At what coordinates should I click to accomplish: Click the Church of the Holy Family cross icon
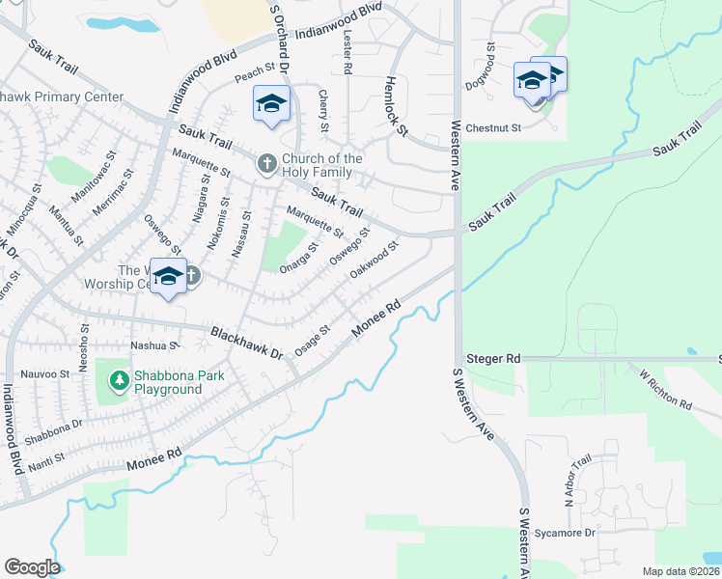(x=267, y=165)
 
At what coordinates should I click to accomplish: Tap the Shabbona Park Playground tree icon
(x=120, y=381)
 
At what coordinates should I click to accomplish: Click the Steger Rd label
(x=492, y=359)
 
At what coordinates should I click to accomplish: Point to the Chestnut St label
(x=493, y=127)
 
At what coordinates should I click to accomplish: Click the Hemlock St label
(x=397, y=104)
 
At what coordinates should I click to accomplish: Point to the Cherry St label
(x=323, y=112)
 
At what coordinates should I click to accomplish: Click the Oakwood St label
(x=375, y=262)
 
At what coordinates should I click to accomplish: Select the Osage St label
(x=313, y=342)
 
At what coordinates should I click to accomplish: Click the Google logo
(x=32, y=567)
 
